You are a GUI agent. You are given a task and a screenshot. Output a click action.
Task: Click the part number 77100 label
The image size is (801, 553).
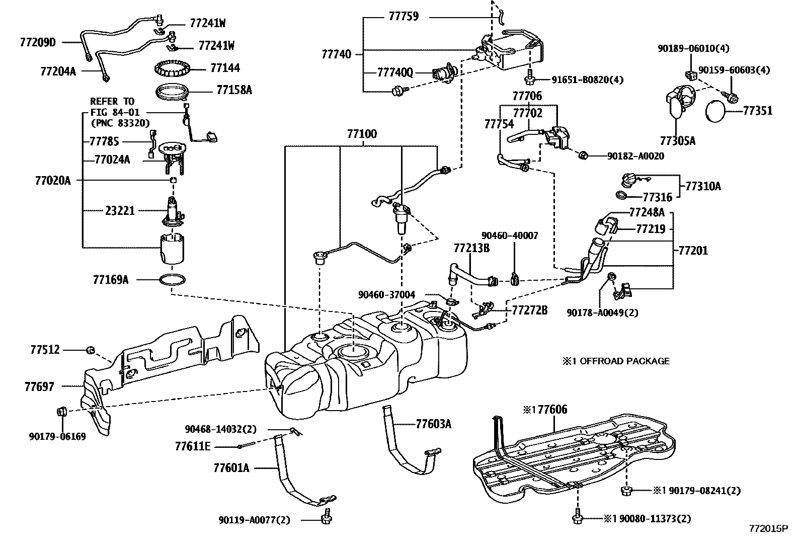pyautogui.click(x=361, y=134)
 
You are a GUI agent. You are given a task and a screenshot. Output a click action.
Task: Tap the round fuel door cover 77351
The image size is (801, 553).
pyautogui.click(x=717, y=111)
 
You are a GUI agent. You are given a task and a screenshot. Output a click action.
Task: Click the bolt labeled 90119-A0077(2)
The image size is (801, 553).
pyautogui.click(x=326, y=516)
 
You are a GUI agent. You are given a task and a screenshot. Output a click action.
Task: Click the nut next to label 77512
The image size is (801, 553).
pyautogui.click(x=91, y=349)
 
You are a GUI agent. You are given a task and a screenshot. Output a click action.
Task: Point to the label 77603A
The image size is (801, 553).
pyautogui.click(x=433, y=424)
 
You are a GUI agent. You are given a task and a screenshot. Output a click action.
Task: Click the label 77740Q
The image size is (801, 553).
pyautogui.click(x=395, y=72)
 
